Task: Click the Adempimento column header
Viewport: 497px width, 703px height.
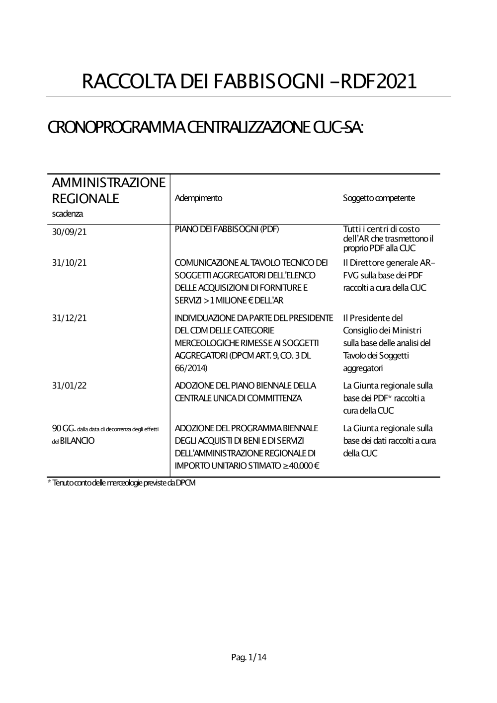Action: (x=199, y=198)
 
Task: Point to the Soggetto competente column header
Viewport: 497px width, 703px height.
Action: (x=379, y=198)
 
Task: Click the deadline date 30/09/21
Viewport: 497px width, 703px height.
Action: (x=69, y=232)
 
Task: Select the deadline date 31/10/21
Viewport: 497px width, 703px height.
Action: (x=69, y=262)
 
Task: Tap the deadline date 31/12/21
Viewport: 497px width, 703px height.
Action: (x=69, y=318)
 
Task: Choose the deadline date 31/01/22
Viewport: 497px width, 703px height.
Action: (x=69, y=386)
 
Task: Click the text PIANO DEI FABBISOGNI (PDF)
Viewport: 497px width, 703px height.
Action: (x=227, y=229)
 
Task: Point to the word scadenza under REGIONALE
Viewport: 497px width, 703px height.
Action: (x=67, y=214)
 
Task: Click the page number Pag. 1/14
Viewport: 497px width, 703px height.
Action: (x=249, y=657)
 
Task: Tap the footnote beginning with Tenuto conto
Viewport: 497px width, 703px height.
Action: (x=122, y=483)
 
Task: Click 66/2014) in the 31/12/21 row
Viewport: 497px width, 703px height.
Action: (x=191, y=368)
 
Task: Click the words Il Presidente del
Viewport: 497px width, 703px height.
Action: (x=373, y=318)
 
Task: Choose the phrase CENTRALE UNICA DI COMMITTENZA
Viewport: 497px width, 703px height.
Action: (x=238, y=398)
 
